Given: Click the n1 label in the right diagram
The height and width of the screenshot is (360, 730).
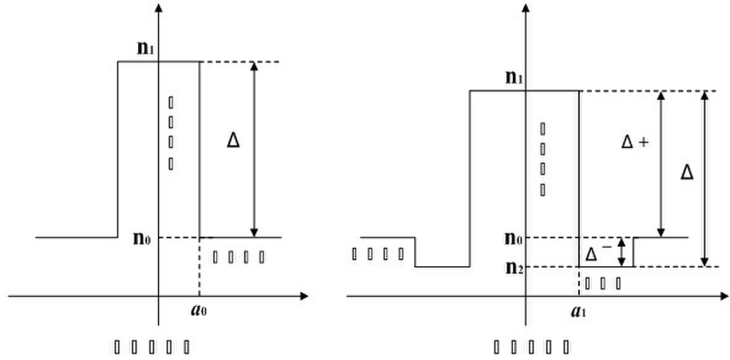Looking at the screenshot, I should click(x=513, y=78).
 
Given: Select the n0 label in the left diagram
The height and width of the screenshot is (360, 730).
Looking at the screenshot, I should click(x=142, y=239).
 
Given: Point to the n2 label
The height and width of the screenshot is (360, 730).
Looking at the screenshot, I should click(x=513, y=268).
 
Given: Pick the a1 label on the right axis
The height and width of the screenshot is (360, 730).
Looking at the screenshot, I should click(x=578, y=311).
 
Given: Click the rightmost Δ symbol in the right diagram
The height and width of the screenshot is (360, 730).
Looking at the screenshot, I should click(x=687, y=173).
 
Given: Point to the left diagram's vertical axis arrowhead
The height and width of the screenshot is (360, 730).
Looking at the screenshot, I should click(x=160, y=7).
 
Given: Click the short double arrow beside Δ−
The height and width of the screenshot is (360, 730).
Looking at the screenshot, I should click(x=622, y=252).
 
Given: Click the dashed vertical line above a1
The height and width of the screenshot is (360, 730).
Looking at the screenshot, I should click(x=579, y=281).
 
